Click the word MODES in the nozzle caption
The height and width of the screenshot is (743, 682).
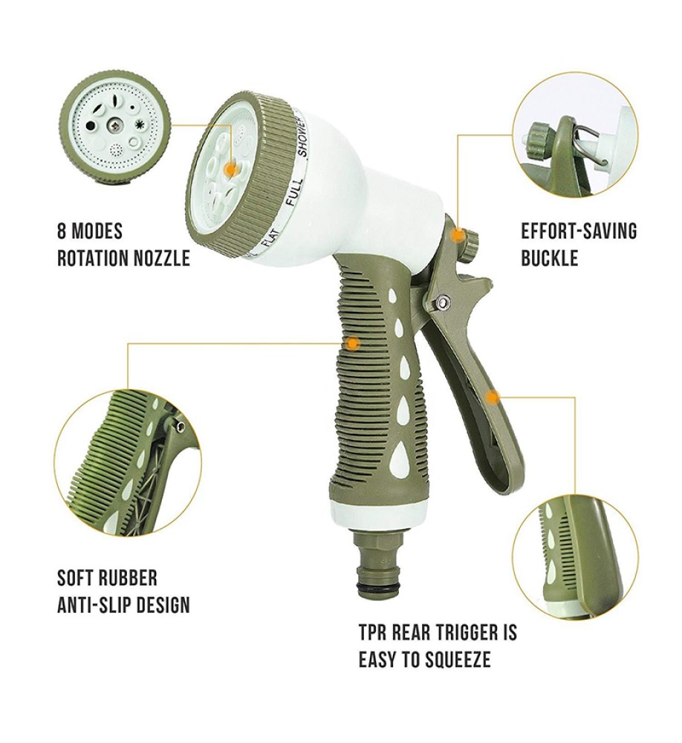pos(97,231)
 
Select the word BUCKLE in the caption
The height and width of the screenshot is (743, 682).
pos(549,259)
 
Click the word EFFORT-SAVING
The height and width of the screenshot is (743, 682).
pos(579,231)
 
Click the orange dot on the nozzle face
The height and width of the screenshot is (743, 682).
pos(231,169)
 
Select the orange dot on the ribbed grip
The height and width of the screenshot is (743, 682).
pos(353,342)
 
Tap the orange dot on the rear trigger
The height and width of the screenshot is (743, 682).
pos(493,397)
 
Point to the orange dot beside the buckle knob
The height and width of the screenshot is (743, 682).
pos(457,235)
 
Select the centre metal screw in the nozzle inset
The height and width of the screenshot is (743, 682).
pos(114,126)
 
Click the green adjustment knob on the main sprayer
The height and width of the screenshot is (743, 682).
pos(470,244)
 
